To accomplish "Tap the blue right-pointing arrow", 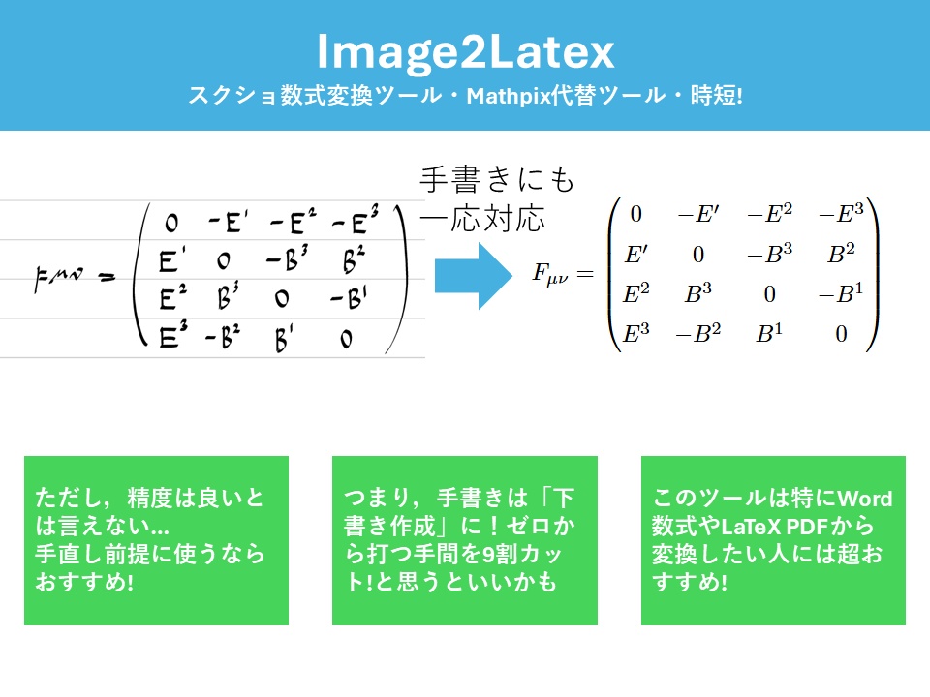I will point(473,275).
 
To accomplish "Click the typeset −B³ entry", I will point(769,255).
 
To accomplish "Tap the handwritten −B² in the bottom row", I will point(222,338).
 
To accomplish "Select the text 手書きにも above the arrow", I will point(497,179).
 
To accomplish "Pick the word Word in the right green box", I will point(864,500).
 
